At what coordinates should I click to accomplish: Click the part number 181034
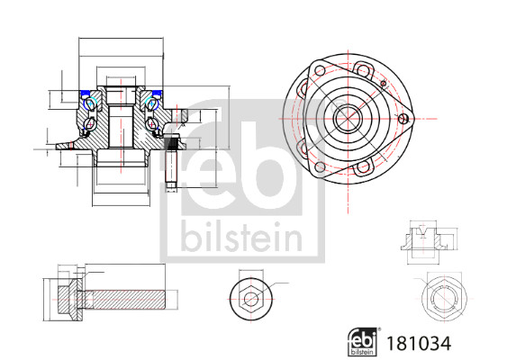pyautogui.click(x=417, y=342)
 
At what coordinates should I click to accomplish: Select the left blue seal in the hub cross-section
pyautogui.click(x=90, y=93)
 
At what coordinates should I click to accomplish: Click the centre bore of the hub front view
pyautogui.click(x=347, y=117)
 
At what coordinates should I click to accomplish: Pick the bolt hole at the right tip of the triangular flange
pyautogui.click(x=403, y=117)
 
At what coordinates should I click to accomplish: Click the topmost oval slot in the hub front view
pyautogui.click(x=364, y=67)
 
